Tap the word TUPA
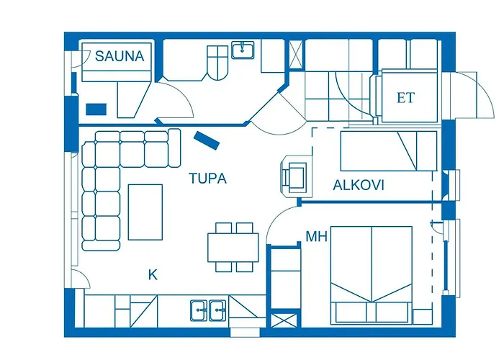(x=207, y=179)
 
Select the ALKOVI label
(x=358, y=185)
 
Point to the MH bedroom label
(x=316, y=236)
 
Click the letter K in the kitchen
(x=153, y=274)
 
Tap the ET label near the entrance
(x=406, y=98)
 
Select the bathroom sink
(x=243, y=50)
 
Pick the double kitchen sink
(x=208, y=310)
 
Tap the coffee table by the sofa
(x=145, y=211)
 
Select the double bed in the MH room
(x=371, y=274)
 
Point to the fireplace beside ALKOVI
(x=295, y=175)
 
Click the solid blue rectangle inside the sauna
(x=96, y=109)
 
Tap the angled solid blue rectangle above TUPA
(x=207, y=140)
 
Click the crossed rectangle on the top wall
(x=295, y=55)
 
